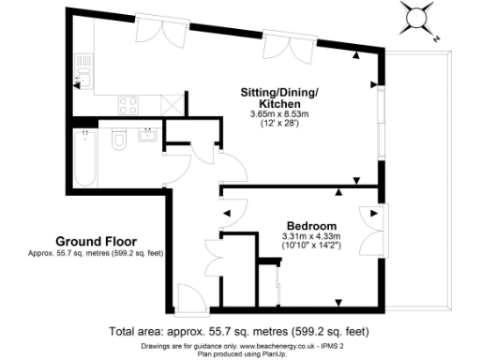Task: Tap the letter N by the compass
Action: (438, 39)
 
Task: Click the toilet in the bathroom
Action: (119, 141)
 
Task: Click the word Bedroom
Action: (311, 226)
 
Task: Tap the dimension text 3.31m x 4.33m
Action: (311, 236)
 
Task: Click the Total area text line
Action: (238, 332)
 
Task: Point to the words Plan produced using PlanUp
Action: (240, 354)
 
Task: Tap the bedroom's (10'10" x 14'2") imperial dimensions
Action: (311, 247)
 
